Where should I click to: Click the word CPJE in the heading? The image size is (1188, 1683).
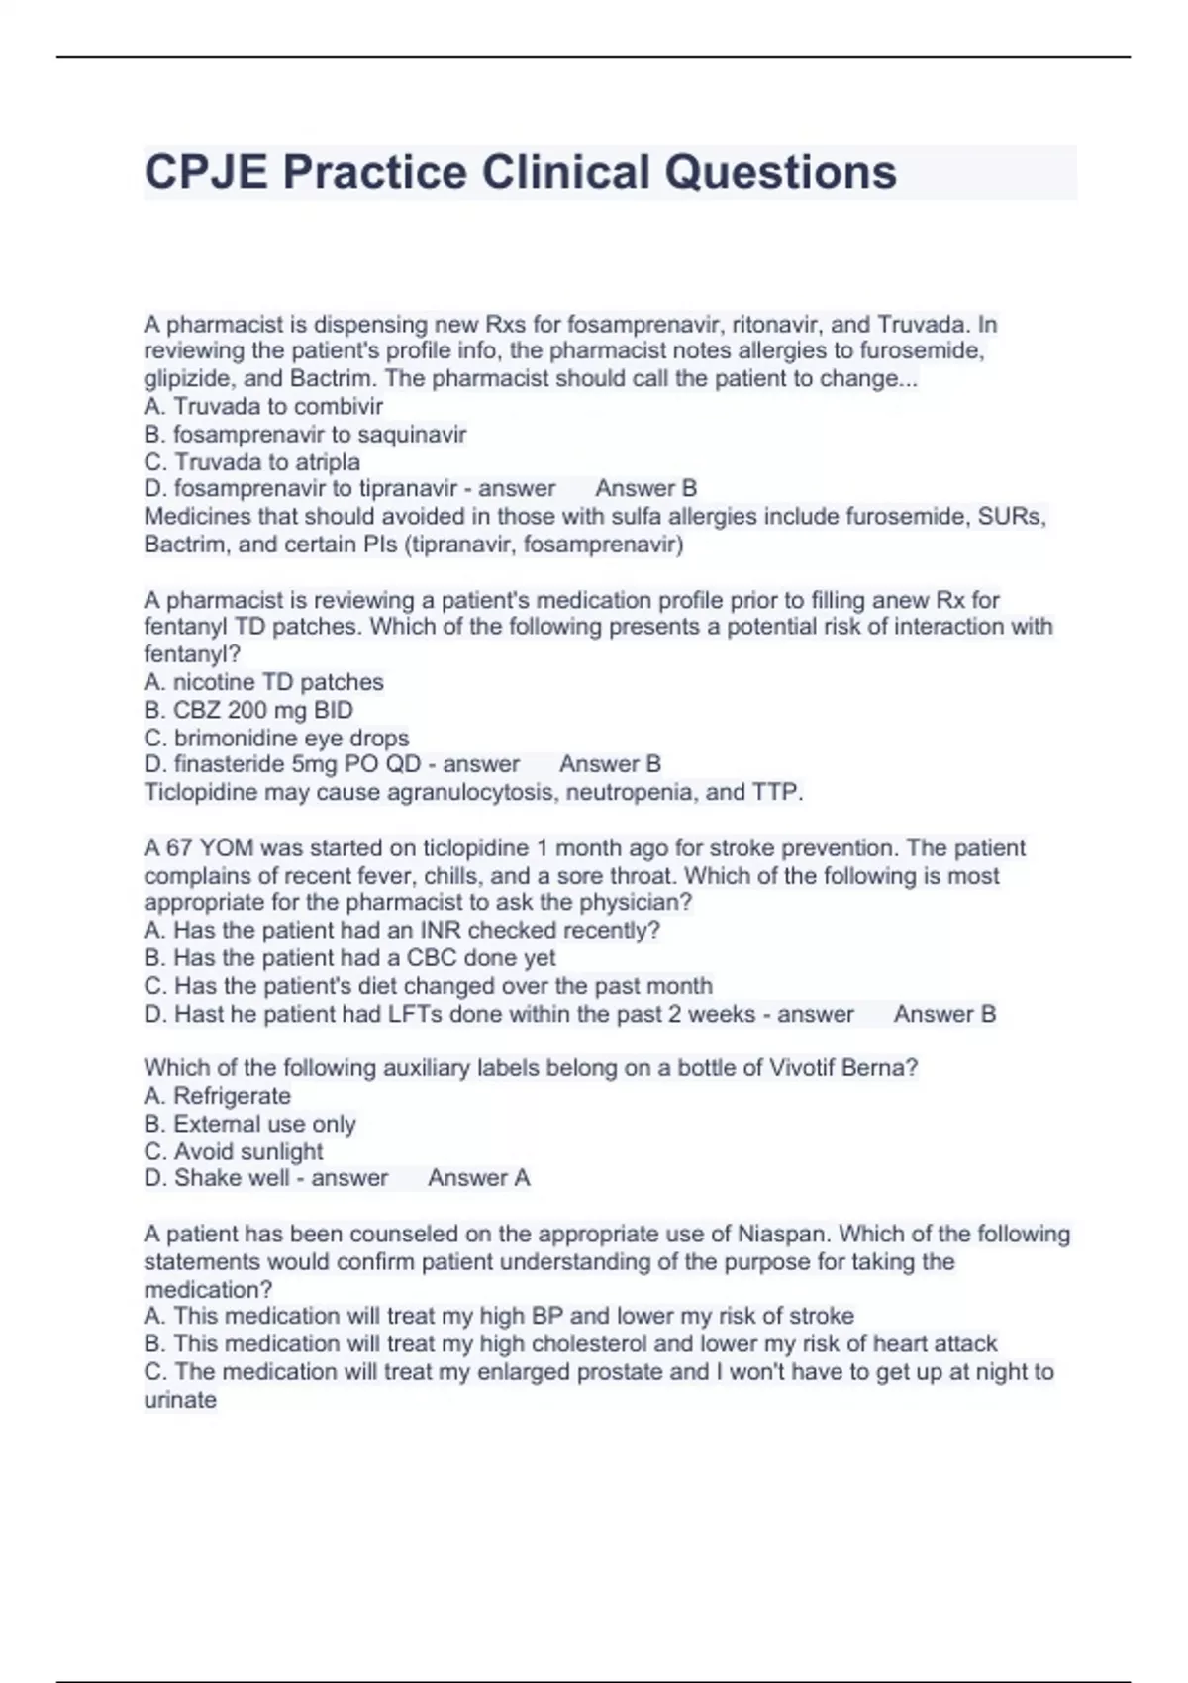pos(206,172)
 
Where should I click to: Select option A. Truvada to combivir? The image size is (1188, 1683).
pos(263,406)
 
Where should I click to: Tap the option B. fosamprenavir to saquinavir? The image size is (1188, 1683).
pos(305,434)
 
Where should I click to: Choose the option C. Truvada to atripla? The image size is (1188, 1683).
pos(252,461)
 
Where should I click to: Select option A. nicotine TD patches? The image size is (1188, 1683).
pos(263,682)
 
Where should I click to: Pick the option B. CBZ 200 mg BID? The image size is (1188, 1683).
pos(248,710)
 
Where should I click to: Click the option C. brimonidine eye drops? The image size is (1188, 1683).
pos(276,738)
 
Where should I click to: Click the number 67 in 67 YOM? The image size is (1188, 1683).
pos(178,848)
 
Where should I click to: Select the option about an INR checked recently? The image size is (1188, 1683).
pos(402,930)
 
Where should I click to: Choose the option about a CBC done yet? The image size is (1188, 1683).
pos(349,957)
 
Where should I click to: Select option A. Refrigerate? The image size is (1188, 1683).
pos(218,1096)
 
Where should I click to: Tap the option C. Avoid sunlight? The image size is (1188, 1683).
pos(234,1151)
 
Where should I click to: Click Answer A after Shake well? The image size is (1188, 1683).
pos(478,1178)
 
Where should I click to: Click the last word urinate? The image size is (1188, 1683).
pos(180,1400)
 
